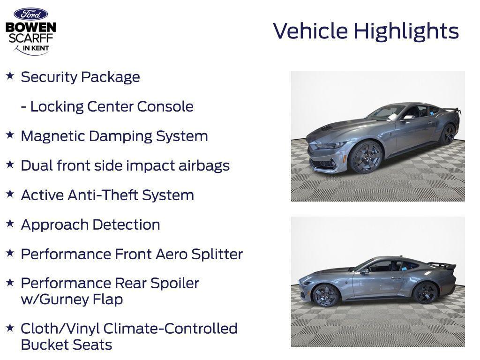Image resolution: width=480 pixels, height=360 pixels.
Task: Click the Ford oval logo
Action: click(30, 14)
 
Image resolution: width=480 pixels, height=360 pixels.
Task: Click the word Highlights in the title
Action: click(406, 31)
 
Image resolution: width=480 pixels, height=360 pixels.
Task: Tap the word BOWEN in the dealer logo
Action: click(30, 27)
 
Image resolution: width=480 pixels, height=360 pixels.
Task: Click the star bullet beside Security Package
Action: click(10, 75)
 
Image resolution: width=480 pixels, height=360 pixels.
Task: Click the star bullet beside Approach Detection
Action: click(10, 223)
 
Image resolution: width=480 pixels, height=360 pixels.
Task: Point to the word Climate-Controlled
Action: click(171, 329)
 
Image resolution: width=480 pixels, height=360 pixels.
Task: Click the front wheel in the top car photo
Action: click(366, 157)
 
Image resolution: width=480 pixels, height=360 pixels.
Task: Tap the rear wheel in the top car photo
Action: click(447, 134)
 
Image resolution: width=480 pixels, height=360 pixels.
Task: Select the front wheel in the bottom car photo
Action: click(326, 295)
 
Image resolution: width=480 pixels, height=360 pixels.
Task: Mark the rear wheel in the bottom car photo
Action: click(426, 293)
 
